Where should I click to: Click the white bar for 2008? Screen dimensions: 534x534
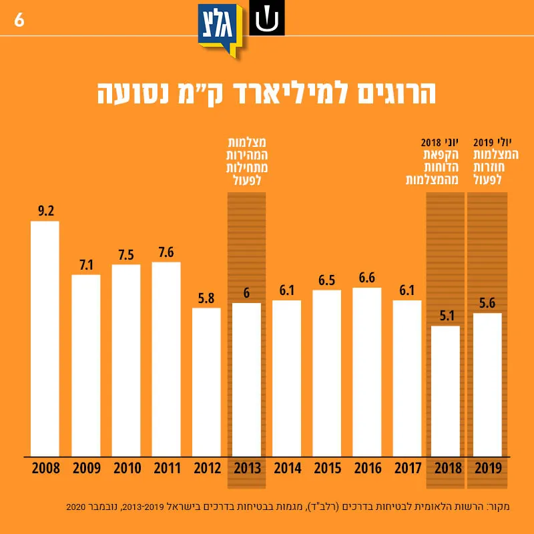point(45,339)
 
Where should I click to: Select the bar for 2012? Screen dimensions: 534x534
point(206,382)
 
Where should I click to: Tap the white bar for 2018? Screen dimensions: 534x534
point(445,391)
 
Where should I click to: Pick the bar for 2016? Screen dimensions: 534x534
point(366,372)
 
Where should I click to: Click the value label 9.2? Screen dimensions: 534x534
point(46,211)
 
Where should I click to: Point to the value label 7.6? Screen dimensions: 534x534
point(166,252)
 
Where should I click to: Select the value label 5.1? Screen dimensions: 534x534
point(447,316)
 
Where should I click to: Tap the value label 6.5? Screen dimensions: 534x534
point(327,280)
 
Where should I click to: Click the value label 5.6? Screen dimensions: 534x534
point(487,303)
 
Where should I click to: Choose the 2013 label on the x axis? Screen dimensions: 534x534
point(247,469)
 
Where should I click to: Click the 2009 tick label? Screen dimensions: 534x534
point(87,469)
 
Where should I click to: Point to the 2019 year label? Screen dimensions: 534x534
point(489,469)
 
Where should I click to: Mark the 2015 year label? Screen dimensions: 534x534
point(328,469)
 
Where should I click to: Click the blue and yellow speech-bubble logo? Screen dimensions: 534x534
point(220,30)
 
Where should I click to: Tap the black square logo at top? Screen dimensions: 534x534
point(267,18)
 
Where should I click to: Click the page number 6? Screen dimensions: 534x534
point(19,20)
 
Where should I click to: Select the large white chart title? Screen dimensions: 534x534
point(266,93)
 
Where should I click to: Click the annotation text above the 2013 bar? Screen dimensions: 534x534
point(247,162)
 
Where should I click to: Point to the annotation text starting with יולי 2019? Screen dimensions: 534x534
point(496,162)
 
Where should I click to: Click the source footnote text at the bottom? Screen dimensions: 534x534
point(288,507)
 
